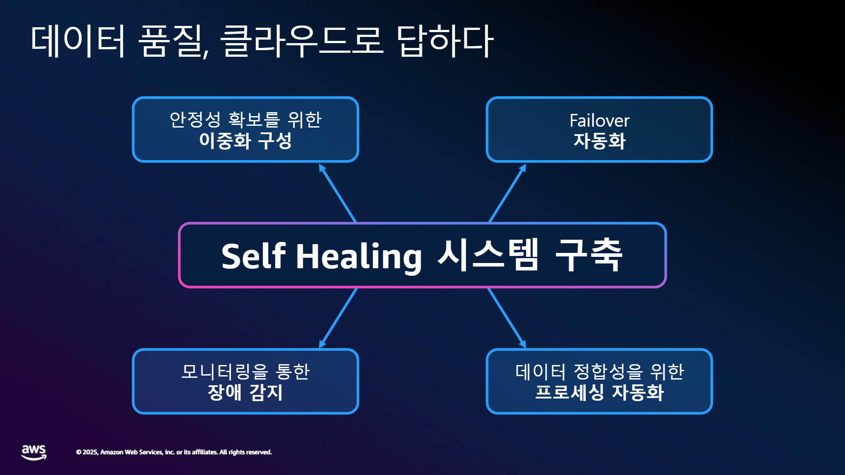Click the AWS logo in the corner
pyautogui.click(x=34, y=452)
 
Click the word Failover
pyautogui.click(x=599, y=121)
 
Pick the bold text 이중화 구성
pyautogui.click(x=246, y=141)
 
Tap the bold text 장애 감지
pyautogui.click(x=245, y=392)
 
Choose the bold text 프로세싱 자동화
pyautogui.click(x=599, y=392)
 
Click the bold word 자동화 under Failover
pyautogui.click(x=599, y=141)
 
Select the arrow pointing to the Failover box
pyautogui.click(x=507, y=193)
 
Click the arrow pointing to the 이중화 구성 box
pyautogui.click(x=338, y=193)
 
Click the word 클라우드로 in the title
pyautogui.click(x=302, y=40)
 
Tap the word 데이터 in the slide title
pyautogui.click(x=78, y=40)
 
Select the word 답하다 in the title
pyautogui.click(x=445, y=40)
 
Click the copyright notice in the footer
pyautogui.click(x=174, y=452)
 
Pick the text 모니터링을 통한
pyautogui.click(x=246, y=372)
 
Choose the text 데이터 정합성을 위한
pyautogui.click(x=599, y=372)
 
